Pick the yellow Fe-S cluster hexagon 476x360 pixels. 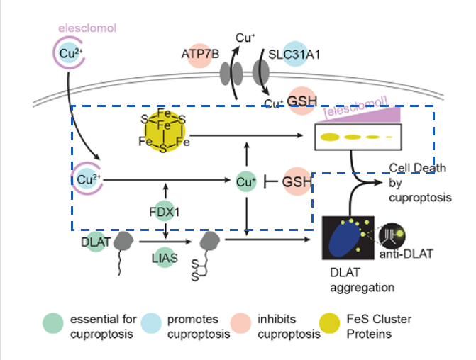(163, 131)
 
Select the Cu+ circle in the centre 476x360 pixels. (245, 182)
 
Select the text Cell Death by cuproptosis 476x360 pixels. (420, 183)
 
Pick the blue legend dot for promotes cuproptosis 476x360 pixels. (151, 326)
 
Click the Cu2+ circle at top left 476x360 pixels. (69, 54)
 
